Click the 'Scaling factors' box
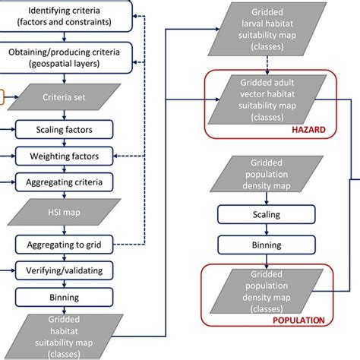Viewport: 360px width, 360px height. tap(64, 131)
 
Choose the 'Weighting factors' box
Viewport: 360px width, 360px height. tap(64, 156)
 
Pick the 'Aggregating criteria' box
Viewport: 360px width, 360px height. tap(64, 182)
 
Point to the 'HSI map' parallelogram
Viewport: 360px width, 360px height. tap(64, 213)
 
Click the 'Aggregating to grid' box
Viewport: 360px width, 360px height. tap(64, 244)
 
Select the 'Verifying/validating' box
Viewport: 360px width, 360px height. tap(64, 269)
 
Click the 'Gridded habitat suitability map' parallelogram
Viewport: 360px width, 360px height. tap(64, 336)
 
